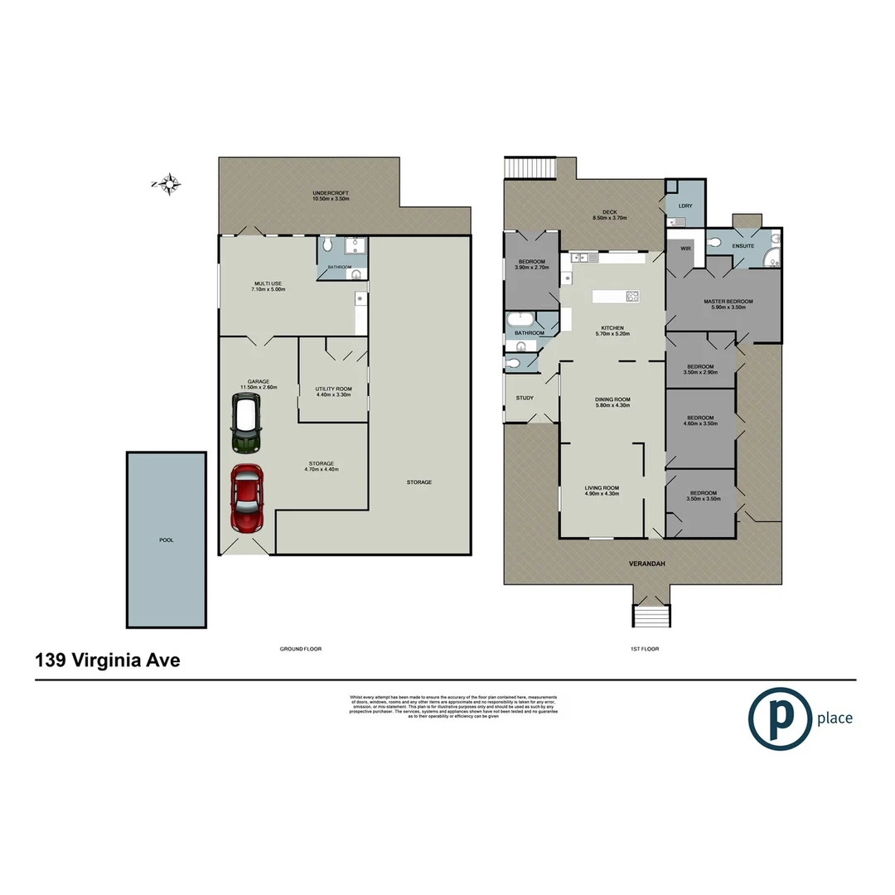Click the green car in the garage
pyautogui.click(x=245, y=423)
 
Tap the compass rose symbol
pyautogui.click(x=169, y=184)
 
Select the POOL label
pyautogui.click(x=166, y=539)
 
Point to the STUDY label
pyautogui.click(x=524, y=398)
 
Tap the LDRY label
pyautogui.click(x=685, y=206)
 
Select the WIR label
pyautogui.click(x=685, y=248)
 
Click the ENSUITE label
pyautogui.click(x=742, y=246)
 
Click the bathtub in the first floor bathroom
pyautogui.click(x=520, y=318)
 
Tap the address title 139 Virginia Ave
pyautogui.click(x=108, y=660)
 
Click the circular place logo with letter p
pyautogui.click(x=778, y=718)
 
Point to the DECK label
pyautogui.click(x=610, y=214)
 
